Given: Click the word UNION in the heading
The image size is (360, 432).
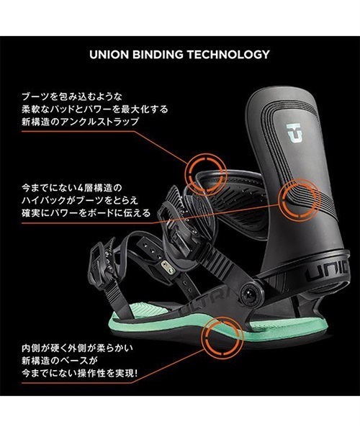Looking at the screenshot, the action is (x=109, y=55).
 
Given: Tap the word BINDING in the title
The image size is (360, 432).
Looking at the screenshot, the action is (x=158, y=55).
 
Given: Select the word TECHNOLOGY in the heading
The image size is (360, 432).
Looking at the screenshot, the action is (x=228, y=55).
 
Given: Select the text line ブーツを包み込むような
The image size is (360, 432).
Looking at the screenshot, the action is (x=71, y=96).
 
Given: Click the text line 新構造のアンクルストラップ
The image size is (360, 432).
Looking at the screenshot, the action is (x=80, y=122).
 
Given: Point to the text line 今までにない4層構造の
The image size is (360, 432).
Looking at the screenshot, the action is (x=71, y=188).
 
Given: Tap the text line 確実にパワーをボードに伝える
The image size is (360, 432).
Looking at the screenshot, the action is (x=86, y=213).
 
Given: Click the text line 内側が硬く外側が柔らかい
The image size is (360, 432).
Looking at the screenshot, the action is (x=77, y=348).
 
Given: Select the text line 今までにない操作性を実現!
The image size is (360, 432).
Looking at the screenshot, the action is (x=79, y=373).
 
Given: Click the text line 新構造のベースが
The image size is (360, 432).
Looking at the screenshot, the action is (x=60, y=361).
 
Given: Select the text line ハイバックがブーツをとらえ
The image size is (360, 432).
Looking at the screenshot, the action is (x=80, y=201).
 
